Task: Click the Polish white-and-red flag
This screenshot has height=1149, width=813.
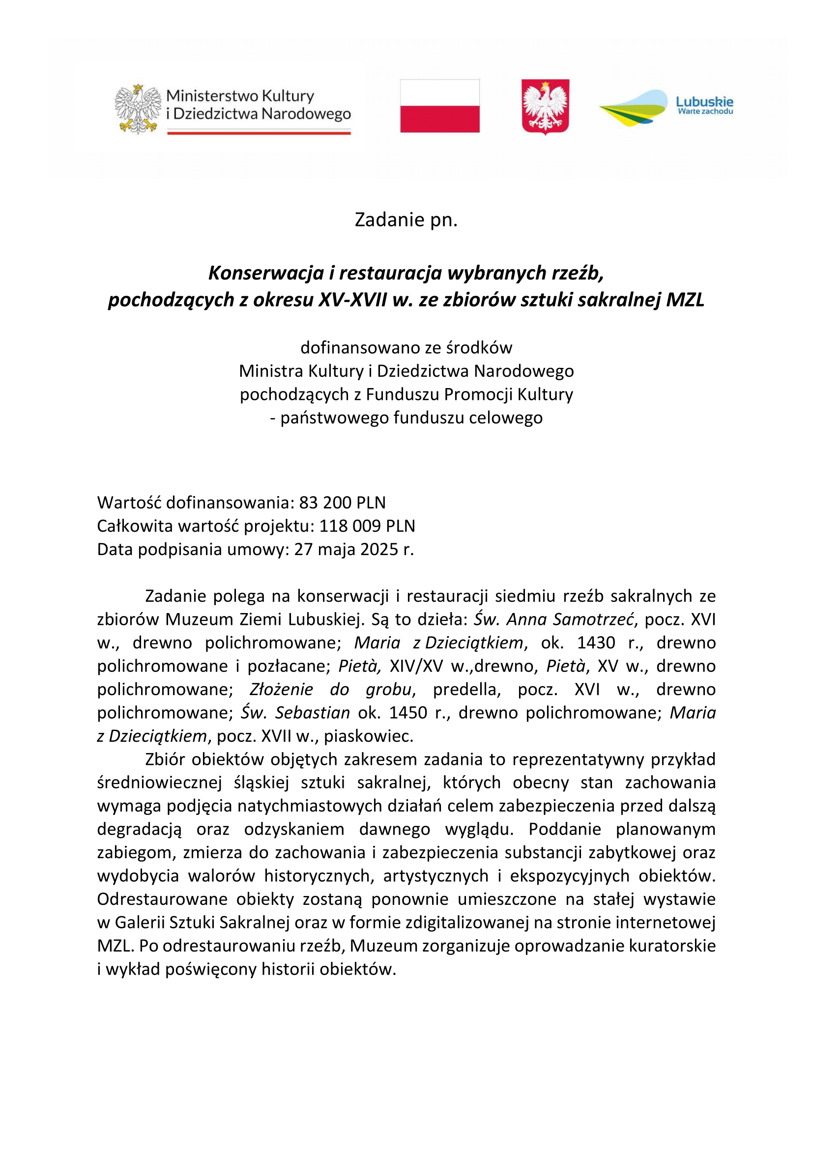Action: [439, 106]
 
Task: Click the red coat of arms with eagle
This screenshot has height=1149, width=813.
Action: [545, 106]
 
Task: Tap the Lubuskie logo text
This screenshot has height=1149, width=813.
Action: [704, 102]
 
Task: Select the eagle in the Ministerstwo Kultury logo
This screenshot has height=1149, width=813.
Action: [138, 109]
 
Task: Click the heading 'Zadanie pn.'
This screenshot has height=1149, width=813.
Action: [406, 220]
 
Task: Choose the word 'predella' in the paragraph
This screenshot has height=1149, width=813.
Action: [466, 690]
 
